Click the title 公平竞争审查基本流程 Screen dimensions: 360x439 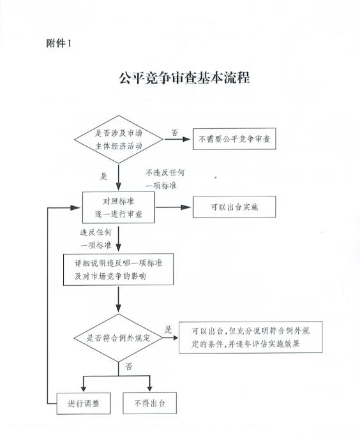(x=184, y=78)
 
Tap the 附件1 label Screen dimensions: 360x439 (x=59, y=43)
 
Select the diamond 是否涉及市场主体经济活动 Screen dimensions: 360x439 (x=119, y=139)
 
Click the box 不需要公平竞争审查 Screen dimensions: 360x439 (x=234, y=139)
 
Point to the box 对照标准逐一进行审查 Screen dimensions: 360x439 (x=118, y=207)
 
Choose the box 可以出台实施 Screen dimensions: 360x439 (x=234, y=207)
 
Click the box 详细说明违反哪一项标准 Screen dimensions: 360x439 (x=118, y=269)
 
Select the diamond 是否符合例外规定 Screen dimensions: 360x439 (x=118, y=338)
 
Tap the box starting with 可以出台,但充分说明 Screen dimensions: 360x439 (x=251, y=337)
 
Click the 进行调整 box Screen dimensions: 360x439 (x=84, y=403)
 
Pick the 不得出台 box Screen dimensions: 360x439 (x=149, y=403)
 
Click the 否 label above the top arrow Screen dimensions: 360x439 (x=174, y=133)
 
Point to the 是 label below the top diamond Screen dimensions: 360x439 (x=104, y=176)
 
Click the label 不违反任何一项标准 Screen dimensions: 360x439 (x=165, y=179)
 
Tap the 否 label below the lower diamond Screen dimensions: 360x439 (x=128, y=366)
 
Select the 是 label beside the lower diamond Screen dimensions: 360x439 (x=168, y=329)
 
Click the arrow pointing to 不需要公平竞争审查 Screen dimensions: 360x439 (x=177, y=139)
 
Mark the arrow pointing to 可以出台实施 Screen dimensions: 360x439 (x=173, y=207)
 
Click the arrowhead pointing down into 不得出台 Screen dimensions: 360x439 (x=150, y=388)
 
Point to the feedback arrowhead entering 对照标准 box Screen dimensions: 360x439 (x=75, y=208)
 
